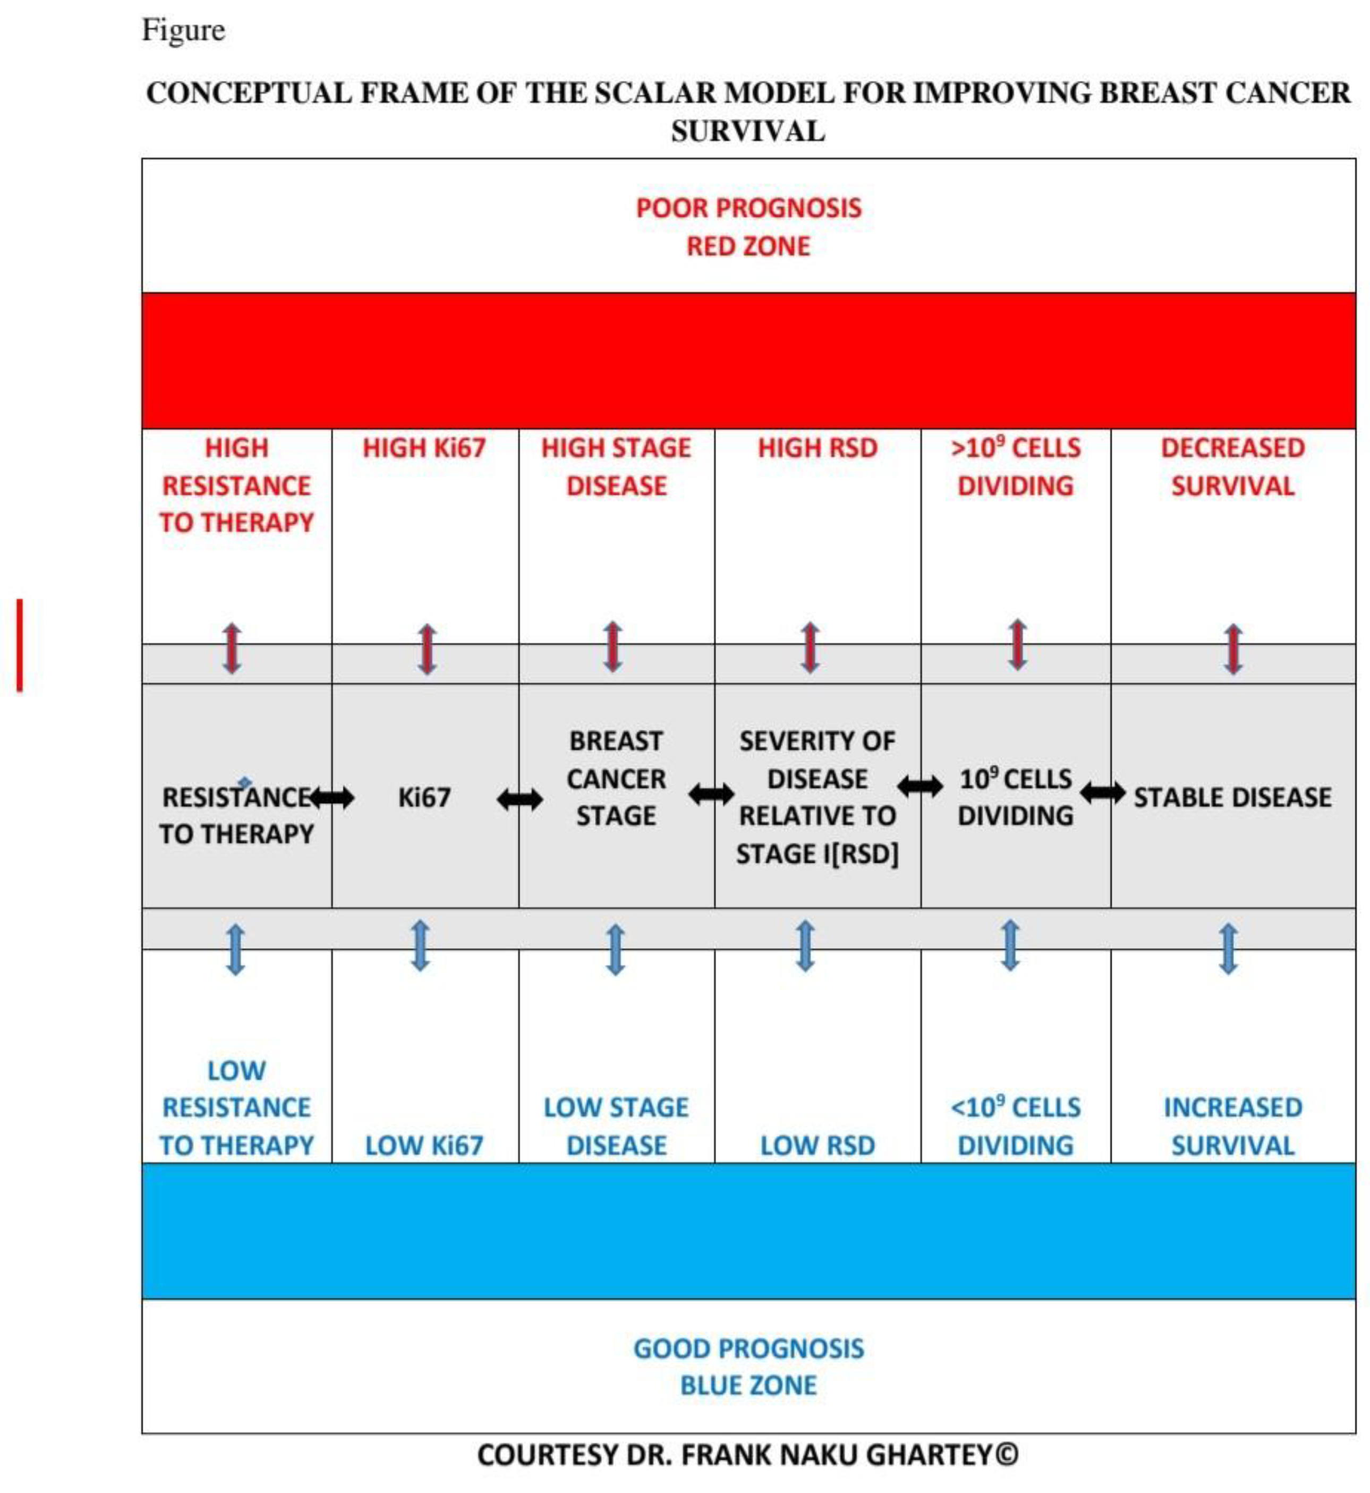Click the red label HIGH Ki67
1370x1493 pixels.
(424, 448)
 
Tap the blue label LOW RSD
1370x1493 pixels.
(817, 1145)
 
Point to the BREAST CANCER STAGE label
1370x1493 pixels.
(616, 779)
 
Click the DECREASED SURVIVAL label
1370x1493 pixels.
(1232, 467)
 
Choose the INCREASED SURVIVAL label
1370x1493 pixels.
(1232, 1126)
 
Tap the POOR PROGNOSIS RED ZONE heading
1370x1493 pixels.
(749, 227)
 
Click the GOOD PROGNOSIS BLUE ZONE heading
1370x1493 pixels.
(749, 1366)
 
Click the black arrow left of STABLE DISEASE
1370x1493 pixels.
(1102, 793)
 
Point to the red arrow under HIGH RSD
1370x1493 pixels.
(810, 647)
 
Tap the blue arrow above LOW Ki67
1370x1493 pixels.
(420, 946)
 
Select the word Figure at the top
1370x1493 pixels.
(183, 30)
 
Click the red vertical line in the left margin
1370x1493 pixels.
(20, 645)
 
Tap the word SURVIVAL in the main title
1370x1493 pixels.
(748, 131)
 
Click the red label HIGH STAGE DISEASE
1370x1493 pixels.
(616, 467)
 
